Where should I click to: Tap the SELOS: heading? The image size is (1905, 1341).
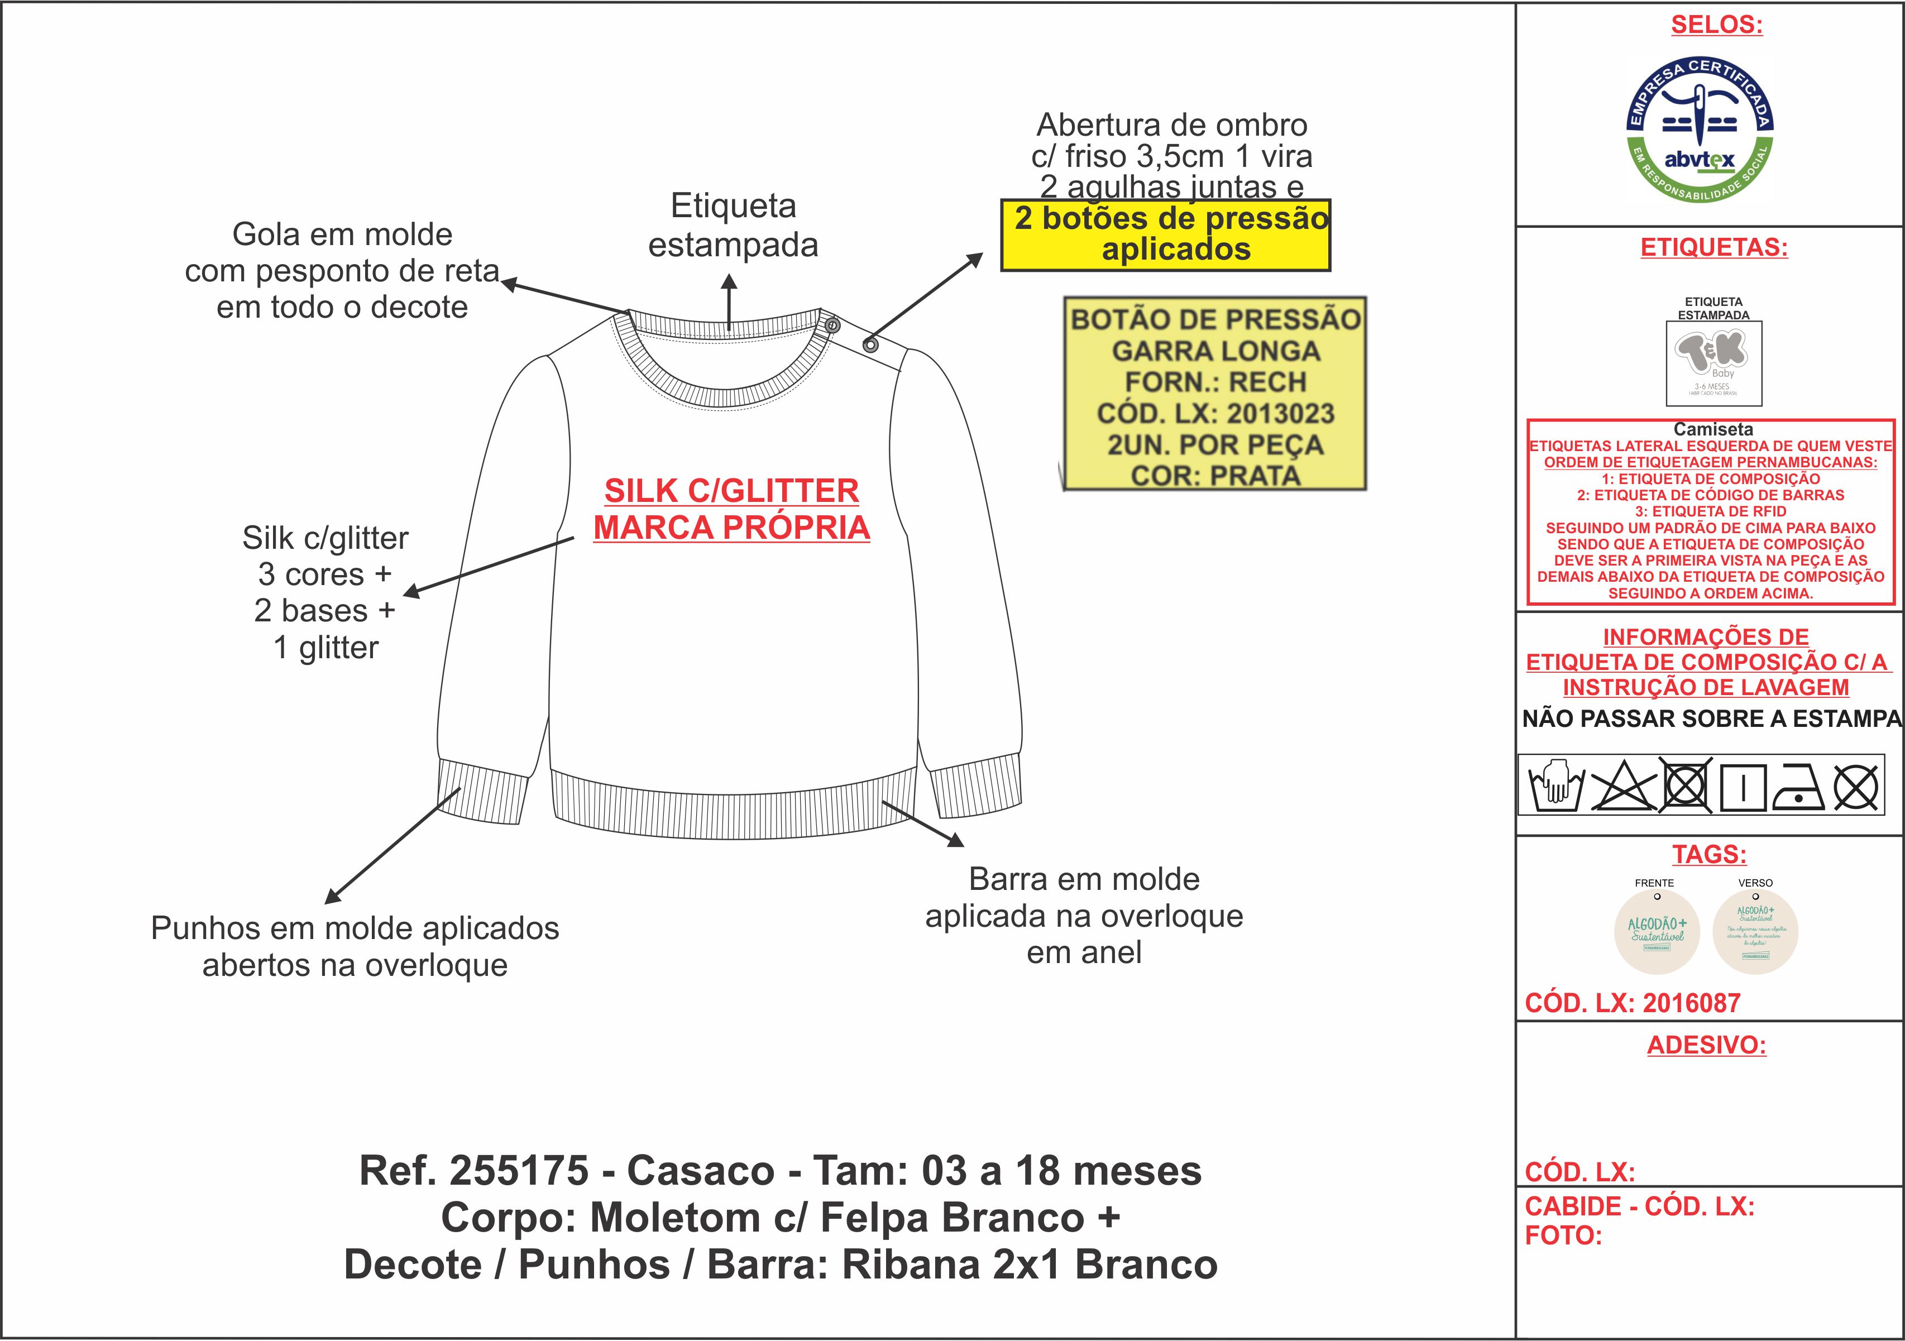point(1716,25)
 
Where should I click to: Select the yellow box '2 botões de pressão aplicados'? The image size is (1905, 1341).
point(1166,235)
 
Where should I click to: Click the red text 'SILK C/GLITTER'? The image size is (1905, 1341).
point(731,490)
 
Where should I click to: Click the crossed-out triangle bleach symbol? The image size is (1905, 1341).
point(1622,785)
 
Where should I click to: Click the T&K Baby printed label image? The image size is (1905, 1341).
point(1713,363)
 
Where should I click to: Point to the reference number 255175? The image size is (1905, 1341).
point(519,1171)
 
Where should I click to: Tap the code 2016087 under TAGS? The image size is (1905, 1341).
point(1691,1003)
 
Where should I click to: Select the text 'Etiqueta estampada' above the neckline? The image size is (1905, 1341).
point(733,225)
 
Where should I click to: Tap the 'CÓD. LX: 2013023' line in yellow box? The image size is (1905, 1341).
point(1215,413)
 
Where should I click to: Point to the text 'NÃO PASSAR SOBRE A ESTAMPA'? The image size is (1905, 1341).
point(1711,719)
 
